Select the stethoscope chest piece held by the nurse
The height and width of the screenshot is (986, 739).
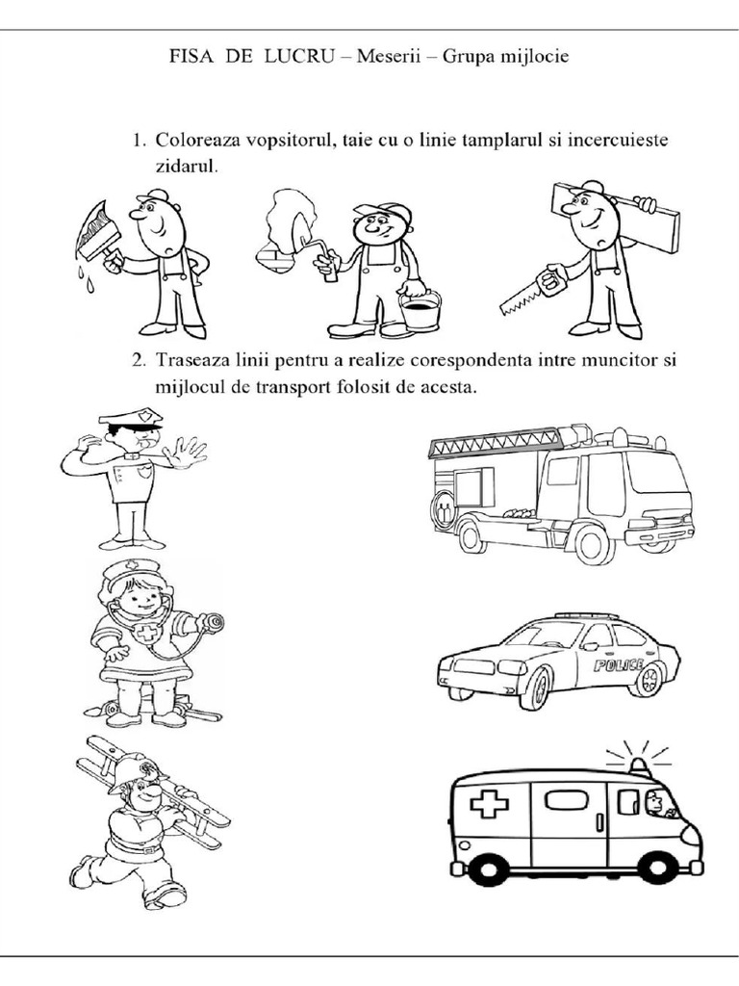pos(213,622)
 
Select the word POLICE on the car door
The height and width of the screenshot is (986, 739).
pos(618,665)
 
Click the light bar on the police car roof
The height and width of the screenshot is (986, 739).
pos(587,615)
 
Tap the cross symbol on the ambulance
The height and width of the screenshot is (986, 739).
pos(489,804)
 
